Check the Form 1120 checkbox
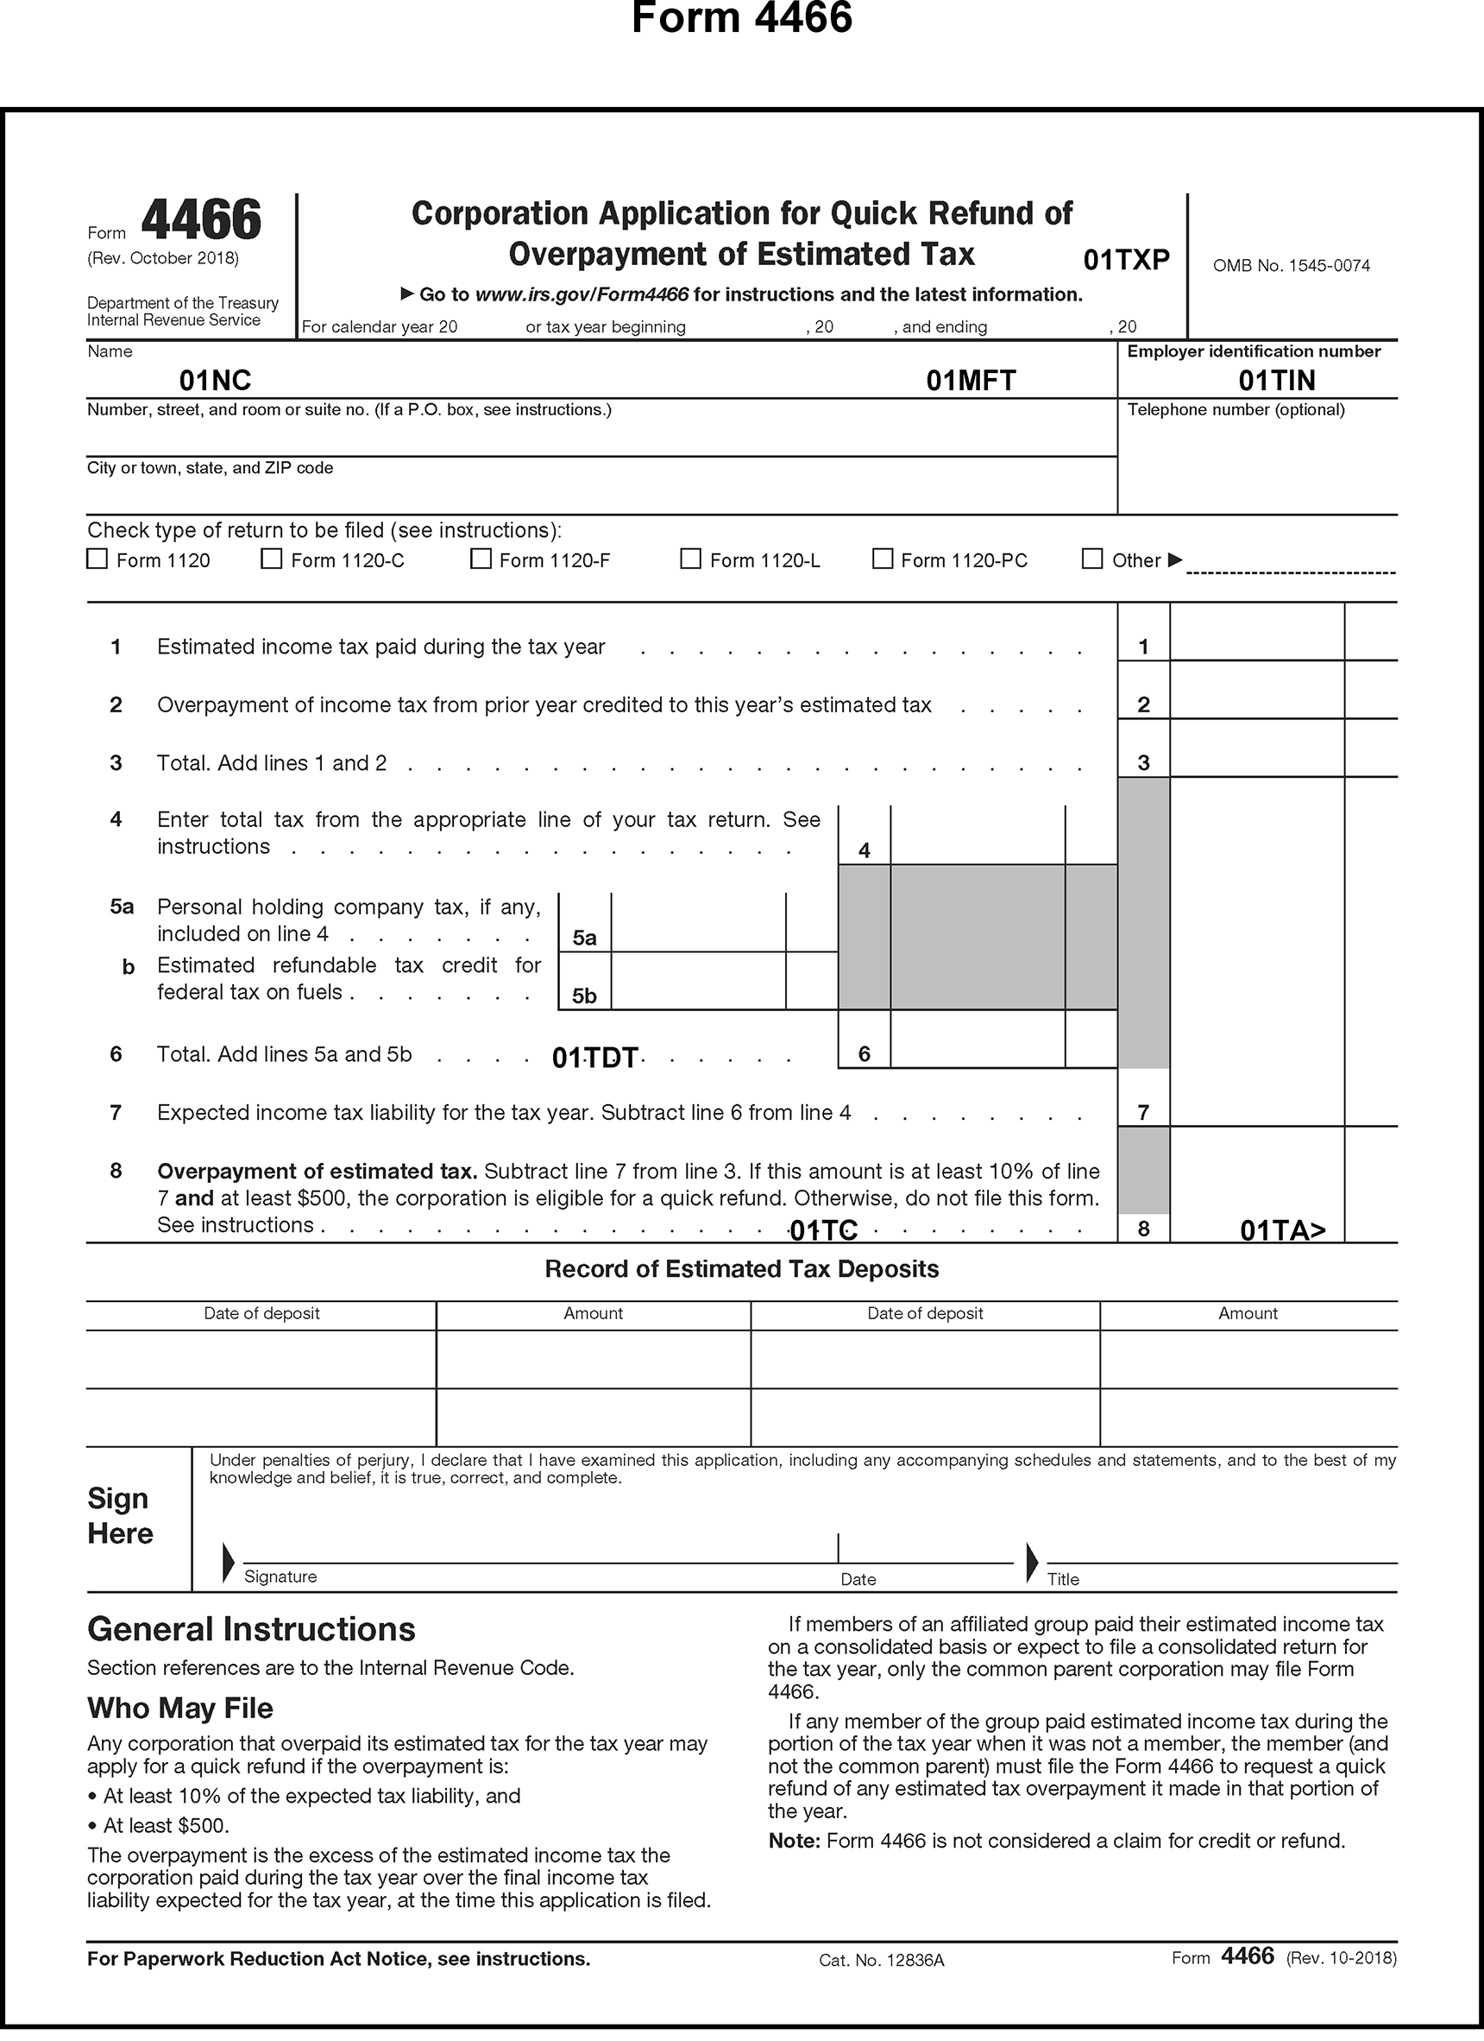pos(97,559)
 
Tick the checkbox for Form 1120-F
pos(481,559)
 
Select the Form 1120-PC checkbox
pos(883,559)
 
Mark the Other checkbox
pos(1092,559)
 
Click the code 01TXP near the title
pos(1126,260)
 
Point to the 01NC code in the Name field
pos(215,381)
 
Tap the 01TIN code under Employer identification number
pos(1276,381)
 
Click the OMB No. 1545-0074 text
pos(1291,265)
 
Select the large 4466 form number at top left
pos(202,220)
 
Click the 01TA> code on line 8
pos(1282,1230)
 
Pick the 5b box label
pos(585,996)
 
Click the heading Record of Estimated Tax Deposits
pos(741,1269)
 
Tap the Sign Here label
pos(121,1516)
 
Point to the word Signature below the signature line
pos(280,1577)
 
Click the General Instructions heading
pos(251,1630)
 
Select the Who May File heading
pos(179,1708)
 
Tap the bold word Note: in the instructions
pos(794,1842)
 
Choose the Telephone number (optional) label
pos(1236,410)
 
